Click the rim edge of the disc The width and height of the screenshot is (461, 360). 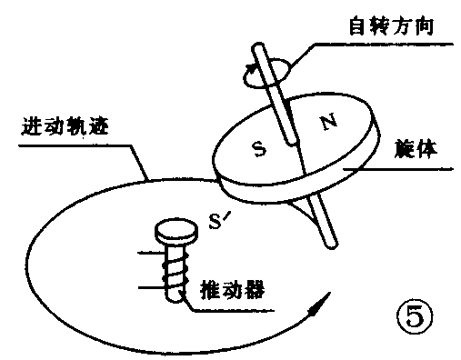[273, 191]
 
